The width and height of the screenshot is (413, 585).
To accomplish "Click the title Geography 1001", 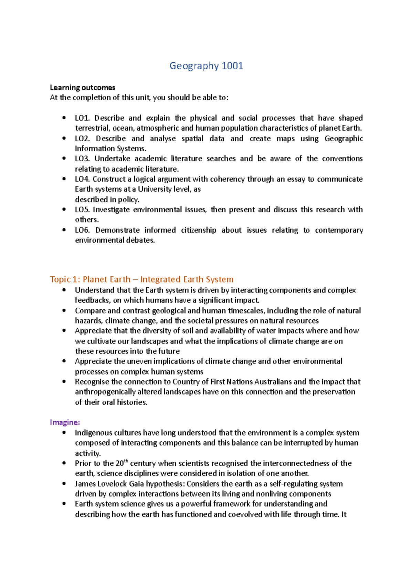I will (x=206, y=66).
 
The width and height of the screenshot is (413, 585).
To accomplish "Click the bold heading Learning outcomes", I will (x=82, y=88).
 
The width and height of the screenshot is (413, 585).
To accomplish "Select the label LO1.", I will (x=82, y=118).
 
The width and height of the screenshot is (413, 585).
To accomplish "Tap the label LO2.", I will (x=82, y=138).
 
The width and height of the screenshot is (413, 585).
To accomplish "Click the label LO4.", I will (x=82, y=179).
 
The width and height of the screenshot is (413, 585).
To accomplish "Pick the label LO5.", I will (x=82, y=210).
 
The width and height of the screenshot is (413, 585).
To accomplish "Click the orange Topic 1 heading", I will (x=141, y=279).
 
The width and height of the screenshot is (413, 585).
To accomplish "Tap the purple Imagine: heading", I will (x=65, y=422).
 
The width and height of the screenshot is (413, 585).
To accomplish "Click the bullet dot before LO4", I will (x=64, y=179).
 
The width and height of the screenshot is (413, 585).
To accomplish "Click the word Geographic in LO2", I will (x=343, y=138).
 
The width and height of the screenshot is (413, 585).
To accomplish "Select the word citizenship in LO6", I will (x=199, y=230).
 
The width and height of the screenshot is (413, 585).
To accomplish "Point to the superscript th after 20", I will (x=126, y=461).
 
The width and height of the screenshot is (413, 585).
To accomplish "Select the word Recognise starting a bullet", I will (x=92, y=382).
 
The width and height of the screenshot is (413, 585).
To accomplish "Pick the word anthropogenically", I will (x=105, y=392).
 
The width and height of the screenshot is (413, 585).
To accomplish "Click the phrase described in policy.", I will (x=107, y=199).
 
